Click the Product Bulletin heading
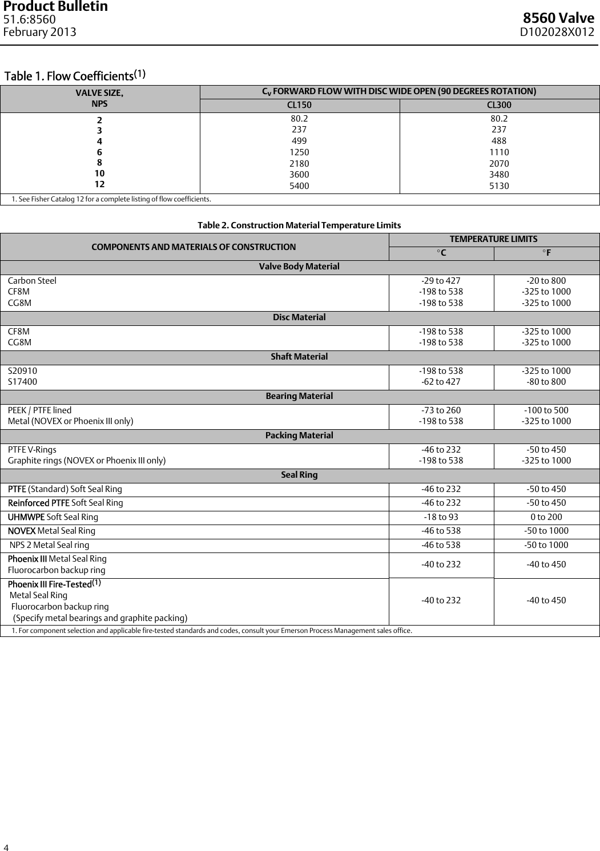click(55, 7)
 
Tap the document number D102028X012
click(557, 32)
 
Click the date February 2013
click(40, 32)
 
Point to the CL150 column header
click(299, 105)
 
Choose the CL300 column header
click(499, 105)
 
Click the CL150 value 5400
click(300, 185)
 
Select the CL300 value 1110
click(499, 152)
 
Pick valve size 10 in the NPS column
click(99, 174)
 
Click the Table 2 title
click(299, 225)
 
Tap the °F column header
click(546, 253)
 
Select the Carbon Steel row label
click(32, 281)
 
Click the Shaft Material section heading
click(299, 357)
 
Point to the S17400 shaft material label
click(22, 382)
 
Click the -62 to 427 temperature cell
click(441, 382)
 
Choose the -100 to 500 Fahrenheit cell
click(546, 410)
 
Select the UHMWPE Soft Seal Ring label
click(53, 517)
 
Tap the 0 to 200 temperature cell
click(546, 517)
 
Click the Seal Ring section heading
click(299, 475)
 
